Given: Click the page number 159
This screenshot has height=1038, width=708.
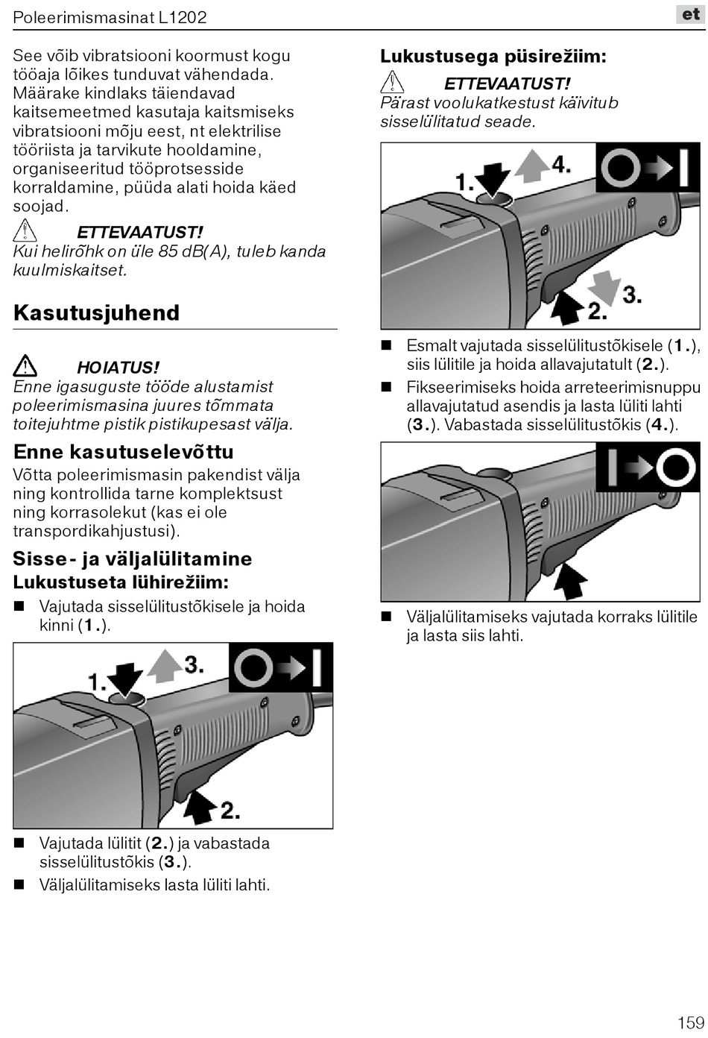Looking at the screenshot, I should coord(691,1022).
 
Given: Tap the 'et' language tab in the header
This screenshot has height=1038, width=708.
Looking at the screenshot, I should coord(691,14).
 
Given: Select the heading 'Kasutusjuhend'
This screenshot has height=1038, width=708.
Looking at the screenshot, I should coord(96,312).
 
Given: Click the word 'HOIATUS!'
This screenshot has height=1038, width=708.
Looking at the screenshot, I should coord(118,368).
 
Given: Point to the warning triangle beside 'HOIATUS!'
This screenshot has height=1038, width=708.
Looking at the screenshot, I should coord(25,366).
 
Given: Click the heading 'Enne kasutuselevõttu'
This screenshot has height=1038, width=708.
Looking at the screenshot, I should coord(124,452).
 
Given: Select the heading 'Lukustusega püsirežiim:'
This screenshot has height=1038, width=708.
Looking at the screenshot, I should coord(493,56).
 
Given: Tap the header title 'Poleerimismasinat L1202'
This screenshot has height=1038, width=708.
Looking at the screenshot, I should coord(110,16).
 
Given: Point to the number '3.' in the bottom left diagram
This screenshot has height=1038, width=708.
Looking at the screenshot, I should coord(194,664).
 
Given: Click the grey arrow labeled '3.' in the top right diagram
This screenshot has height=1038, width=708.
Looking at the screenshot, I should coord(608,287).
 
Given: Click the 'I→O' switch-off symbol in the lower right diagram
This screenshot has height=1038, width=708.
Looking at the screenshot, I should coord(649,467).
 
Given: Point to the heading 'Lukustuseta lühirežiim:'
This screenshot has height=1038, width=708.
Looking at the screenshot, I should coord(121,582).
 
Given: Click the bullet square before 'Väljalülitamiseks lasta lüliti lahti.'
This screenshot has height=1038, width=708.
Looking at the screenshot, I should coord(20,885).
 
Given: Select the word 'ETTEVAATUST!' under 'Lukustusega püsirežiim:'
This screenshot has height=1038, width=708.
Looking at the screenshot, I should coord(507,84).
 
